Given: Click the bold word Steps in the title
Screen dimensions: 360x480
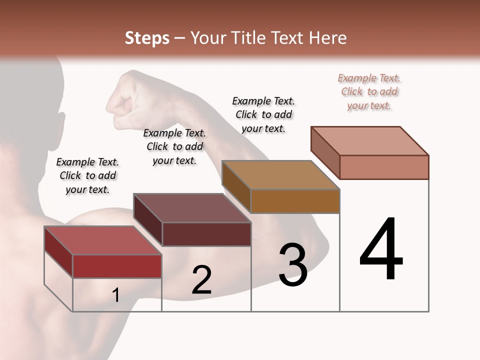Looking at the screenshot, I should click(x=147, y=38).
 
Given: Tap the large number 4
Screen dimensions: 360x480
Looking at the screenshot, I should click(x=381, y=249).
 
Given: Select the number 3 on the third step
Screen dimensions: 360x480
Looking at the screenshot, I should click(x=293, y=265).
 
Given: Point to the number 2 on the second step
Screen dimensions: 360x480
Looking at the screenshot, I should click(x=201, y=279).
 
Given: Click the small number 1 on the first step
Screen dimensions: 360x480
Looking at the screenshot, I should click(x=116, y=295).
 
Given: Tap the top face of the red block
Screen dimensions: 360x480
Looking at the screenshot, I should click(x=102, y=240).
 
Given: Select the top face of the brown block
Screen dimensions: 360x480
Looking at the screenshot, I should click(x=280, y=175).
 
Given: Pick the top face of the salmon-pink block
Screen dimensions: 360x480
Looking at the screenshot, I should click(x=370, y=141).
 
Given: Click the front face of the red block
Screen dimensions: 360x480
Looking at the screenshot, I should click(x=117, y=266).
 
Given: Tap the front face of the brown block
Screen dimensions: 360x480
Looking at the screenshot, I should click(x=295, y=201).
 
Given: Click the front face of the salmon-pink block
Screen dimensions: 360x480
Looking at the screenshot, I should click(x=384, y=167).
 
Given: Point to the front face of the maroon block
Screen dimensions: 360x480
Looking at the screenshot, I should click(x=206, y=234).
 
